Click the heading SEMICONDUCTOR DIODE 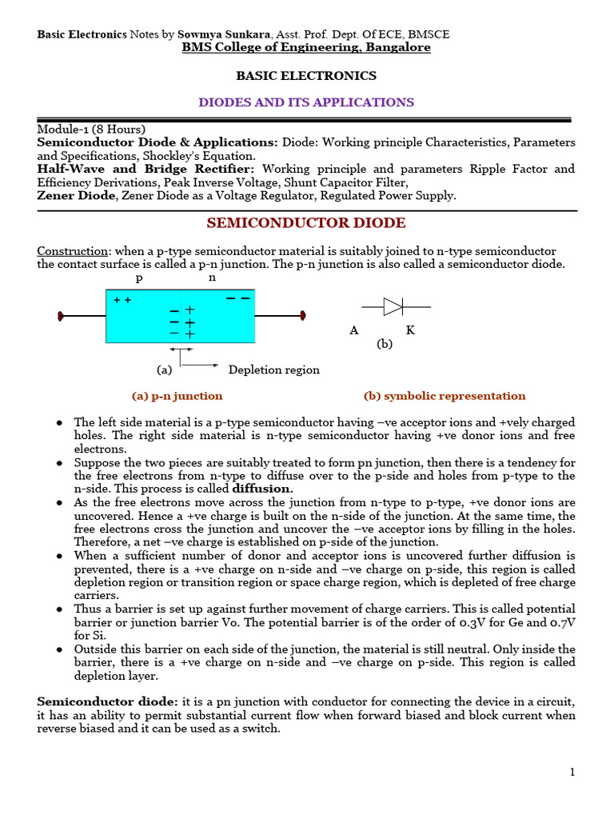coord(306,223)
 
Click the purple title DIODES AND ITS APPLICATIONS coord(306,102)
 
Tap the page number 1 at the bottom coord(572,772)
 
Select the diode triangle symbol coord(393,306)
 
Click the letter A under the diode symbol coord(353,330)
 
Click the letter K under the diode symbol coord(410,330)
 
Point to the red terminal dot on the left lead coord(61,316)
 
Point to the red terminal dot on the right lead coord(302,316)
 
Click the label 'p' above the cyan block coord(139,278)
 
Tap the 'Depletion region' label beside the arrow coord(273,370)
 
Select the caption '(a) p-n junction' coord(177,396)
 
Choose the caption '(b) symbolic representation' coord(445,396)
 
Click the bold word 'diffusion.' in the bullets coord(263,489)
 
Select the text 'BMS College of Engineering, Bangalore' coord(306,47)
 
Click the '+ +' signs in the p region coord(122,300)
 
